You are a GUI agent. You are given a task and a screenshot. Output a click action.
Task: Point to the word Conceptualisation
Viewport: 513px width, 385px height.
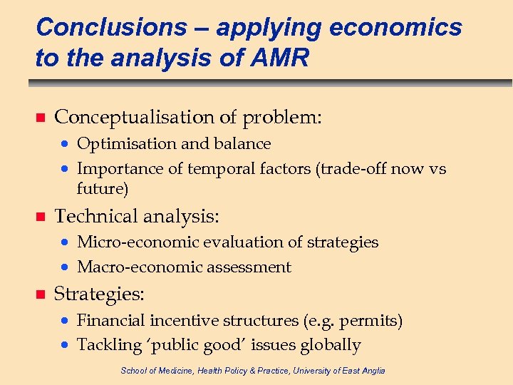[x=134, y=116]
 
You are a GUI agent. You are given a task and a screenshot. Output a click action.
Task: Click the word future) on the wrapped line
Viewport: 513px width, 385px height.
[x=103, y=189]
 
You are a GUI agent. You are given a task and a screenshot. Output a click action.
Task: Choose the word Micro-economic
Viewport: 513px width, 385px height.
[x=138, y=242]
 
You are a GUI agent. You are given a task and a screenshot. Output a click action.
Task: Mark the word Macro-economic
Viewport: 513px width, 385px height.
[x=140, y=267]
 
